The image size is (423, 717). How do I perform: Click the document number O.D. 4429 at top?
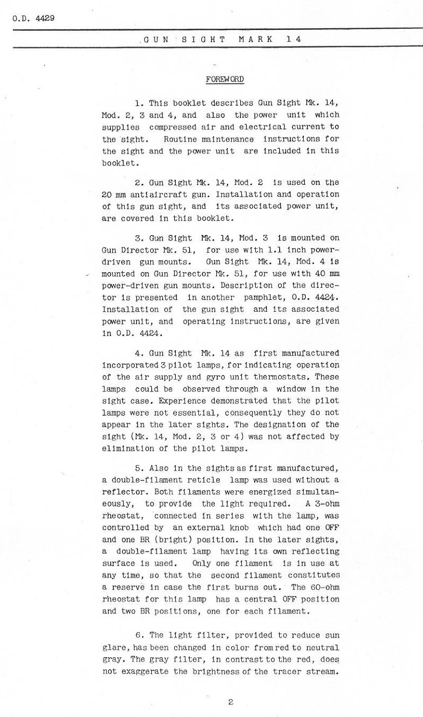click(x=32, y=18)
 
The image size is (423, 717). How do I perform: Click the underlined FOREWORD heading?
click(x=224, y=79)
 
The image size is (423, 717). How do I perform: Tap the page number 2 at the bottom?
click(x=230, y=702)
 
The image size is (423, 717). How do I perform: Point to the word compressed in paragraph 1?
click(x=173, y=127)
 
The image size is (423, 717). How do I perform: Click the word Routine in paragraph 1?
click(x=181, y=140)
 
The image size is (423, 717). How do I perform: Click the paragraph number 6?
click(x=138, y=635)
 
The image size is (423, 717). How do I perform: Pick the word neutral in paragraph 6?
click(x=322, y=647)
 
